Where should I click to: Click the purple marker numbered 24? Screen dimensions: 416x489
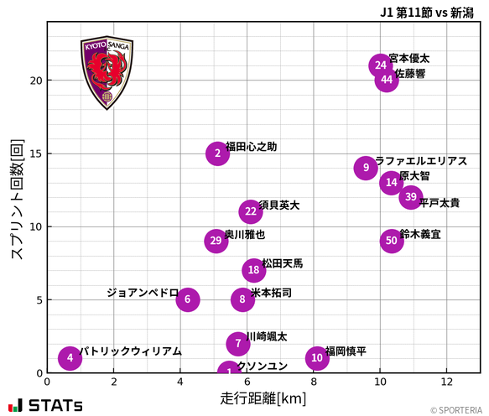coord(381,65)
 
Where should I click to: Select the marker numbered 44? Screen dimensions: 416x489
coord(386,81)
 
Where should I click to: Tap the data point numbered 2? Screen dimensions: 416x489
coord(217,153)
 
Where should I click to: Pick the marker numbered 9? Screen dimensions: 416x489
coord(366,168)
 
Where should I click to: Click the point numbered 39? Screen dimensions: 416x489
coord(410,197)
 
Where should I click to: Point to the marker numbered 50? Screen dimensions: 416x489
coord(391,241)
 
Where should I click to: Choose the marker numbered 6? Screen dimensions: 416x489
coord(188,299)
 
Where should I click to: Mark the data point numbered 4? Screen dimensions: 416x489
coord(70,358)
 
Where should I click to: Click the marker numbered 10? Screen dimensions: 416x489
coord(316,358)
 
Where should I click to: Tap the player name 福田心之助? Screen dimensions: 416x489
coord(251,147)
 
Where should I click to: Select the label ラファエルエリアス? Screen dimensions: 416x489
coord(420,161)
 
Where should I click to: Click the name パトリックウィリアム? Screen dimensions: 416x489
coord(130,351)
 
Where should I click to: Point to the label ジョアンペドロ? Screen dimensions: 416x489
coord(143,293)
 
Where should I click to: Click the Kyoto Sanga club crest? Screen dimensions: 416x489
coord(107,73)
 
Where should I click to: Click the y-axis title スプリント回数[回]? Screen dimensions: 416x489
coord(16,200)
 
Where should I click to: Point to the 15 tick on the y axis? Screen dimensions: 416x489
coord(35,153)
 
